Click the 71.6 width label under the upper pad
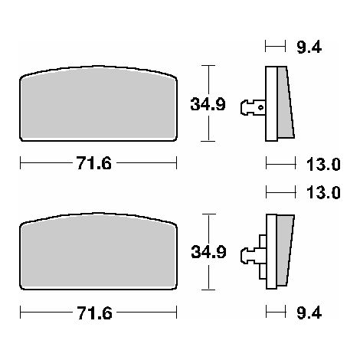coord(94,163)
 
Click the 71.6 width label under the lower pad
coord(94,313)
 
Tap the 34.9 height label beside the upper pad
coord(208,104)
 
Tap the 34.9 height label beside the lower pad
coord(208,252)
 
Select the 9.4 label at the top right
coord(309,47)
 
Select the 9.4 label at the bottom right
coord(309,313)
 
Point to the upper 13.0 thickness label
coord(323,164)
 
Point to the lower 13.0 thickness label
coord(323,192)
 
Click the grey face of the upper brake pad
coord(98,105)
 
